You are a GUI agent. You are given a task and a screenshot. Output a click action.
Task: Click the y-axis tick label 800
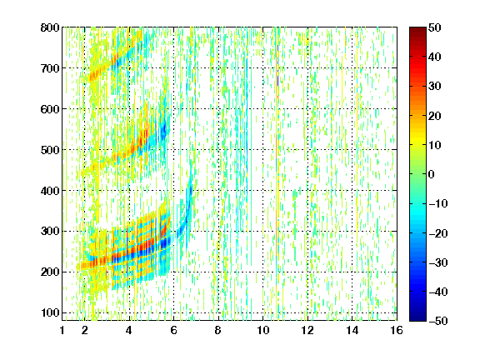pos(50,27)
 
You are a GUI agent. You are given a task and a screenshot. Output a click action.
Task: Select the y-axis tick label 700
pos(50,68)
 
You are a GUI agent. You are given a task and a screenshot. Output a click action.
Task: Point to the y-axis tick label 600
pos(50,109)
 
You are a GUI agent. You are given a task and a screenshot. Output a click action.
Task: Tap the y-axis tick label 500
pos(50,150)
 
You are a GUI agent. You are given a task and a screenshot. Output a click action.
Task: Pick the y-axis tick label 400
pos(50,191)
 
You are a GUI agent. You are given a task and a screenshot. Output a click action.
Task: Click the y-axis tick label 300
pos(50,232)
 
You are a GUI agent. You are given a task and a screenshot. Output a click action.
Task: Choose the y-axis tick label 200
pos(50,272)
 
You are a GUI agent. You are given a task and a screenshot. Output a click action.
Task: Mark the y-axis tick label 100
pos(50,312)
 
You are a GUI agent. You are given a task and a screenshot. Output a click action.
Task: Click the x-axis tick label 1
pos(62,330)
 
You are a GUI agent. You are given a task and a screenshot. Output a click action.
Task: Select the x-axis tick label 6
pos(173,330)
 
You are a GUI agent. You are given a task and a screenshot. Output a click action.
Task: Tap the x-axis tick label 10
pos(263,330)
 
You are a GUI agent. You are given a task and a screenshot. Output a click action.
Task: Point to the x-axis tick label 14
pos(352,330)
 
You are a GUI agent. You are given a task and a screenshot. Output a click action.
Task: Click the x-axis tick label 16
pos(397,330)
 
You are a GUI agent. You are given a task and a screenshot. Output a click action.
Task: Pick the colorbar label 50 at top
pos(434,27)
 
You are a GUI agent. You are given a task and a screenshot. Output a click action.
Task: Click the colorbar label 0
pos(432,174)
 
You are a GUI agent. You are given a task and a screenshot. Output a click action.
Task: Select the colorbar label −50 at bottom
pos(437,321)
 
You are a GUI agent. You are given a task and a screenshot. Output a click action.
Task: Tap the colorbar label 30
pos(434,87)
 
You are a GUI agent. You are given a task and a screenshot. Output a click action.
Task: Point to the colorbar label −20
pos(437,233)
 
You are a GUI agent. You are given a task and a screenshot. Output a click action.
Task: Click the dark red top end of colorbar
pos(417,29)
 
